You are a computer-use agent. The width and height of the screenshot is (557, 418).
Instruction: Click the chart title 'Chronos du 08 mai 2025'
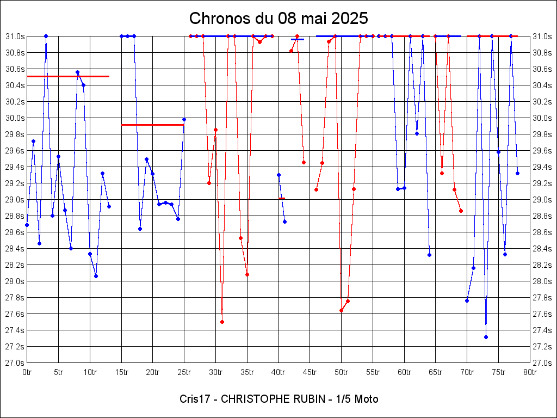click(278, 18)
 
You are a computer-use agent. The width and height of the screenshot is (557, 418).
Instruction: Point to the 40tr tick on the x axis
click(278, 372)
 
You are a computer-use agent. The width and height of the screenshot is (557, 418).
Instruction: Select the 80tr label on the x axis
click(530, 372)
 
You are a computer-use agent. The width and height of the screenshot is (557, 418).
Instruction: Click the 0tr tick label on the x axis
click(27, 372)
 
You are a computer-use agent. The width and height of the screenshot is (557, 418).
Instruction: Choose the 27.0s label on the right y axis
click(542, 363)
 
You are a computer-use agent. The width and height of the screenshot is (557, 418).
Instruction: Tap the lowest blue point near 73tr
click(486, 337)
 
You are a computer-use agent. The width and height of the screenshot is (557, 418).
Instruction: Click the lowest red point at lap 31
click(222, 322)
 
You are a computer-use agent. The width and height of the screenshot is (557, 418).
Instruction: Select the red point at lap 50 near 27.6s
click(342, 310)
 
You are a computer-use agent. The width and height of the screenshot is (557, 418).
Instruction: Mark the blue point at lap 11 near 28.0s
click(96, 276)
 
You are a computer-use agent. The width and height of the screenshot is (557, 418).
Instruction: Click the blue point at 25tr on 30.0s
click(184, 119)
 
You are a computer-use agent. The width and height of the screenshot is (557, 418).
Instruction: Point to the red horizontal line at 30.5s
click(68, 76)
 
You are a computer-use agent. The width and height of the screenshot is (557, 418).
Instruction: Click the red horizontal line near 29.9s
click(153, 125)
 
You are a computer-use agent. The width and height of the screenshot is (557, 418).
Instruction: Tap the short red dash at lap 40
click(282, 198)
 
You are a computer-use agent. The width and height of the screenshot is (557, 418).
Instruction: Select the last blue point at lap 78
click(517, 173)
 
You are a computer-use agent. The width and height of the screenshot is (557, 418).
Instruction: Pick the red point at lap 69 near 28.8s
click(461, 211)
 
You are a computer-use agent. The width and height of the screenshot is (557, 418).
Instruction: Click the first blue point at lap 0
click(27, 225)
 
